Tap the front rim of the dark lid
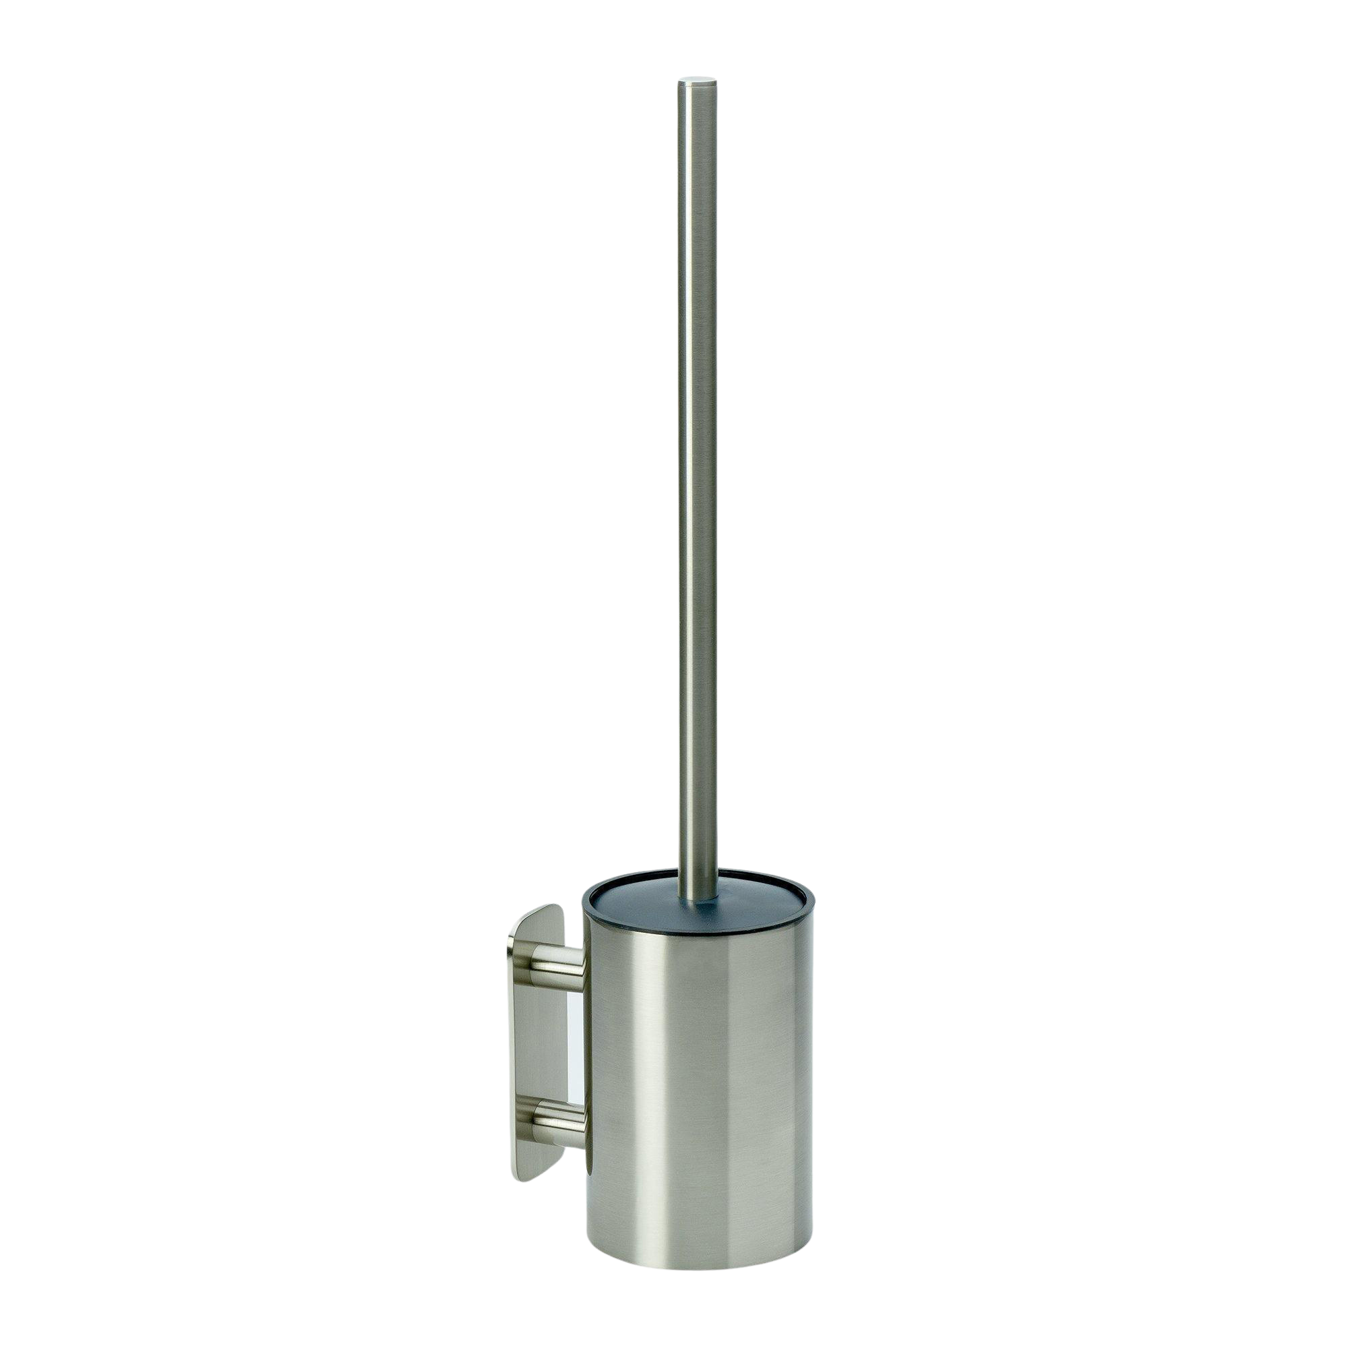pyautogui.click(x=698, y=931)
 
